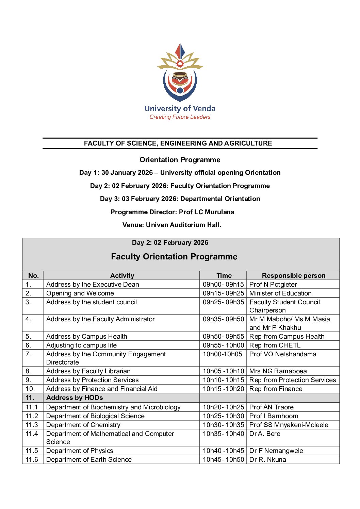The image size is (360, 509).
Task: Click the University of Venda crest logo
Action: coord(180,73)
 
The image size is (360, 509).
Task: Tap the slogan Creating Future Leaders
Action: coord(180,117)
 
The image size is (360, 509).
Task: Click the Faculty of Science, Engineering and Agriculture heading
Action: coord(178,143)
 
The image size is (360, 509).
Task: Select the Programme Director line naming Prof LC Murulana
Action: coord(172,212)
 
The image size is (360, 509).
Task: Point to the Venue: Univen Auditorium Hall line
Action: coord(171,225)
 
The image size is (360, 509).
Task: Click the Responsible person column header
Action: coord(293,275)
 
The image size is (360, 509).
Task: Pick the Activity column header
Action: coord(122,275)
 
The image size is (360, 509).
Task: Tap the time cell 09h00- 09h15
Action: coord(223,284)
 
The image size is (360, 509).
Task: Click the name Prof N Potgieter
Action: coord(273,284)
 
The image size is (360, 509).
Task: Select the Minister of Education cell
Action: coord(280,293)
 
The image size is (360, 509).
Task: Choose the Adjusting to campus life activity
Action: coord(81,345)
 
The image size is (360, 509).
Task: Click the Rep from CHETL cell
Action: coord(275,345)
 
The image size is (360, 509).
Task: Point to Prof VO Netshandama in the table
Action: coord(283,354)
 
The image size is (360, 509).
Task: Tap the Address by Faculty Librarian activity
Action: coord(88,371)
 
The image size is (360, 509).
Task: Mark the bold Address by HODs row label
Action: coord(75,397)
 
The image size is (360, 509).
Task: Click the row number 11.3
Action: coord(32,425)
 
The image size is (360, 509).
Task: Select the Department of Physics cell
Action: coord(80,451)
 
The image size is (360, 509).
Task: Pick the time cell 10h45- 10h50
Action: coord(223,459)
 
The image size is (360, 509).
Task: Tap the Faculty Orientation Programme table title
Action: coord(174,256)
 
